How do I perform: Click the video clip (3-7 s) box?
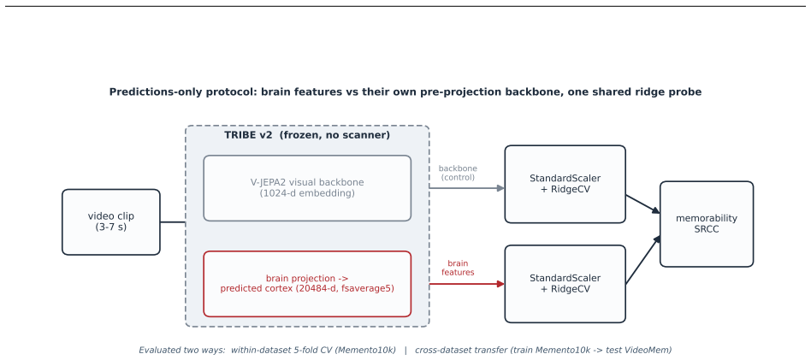(x=111, y=221)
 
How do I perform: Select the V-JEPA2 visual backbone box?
(x=307, y=188)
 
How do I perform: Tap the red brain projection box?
(x=307, y=283)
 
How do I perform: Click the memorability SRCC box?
(x=707, y=224)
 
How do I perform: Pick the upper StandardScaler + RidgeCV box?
(x=565, y=184)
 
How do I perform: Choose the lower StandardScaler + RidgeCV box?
(x=565, y=284)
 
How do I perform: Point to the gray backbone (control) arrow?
(x=467, y=188)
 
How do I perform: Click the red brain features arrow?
(x=467, y=284)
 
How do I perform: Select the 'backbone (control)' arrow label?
(x=458, y=173)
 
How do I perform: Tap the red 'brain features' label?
(x=458, y=268)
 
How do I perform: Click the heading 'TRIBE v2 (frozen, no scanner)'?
(x=307, y=135)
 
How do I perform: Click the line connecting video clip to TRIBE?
(x=173, y=222)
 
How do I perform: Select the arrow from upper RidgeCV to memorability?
(x=643, y=204)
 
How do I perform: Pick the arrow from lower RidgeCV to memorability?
(x=643, y=260)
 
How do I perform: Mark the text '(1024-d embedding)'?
(x=307, y=193)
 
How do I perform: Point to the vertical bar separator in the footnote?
(x=405, y=351)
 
